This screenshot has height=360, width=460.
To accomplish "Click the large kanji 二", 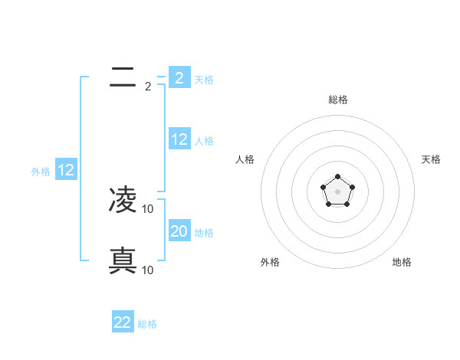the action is pyautogui.click(x=123, y=77).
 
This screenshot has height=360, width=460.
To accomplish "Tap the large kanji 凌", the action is pyautogui.click(x=123, y=200).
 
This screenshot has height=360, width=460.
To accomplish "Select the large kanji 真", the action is pyautogui.click(x=123, y=261).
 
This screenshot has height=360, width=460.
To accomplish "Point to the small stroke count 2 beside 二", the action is pyautogui.click(x=148, y=87).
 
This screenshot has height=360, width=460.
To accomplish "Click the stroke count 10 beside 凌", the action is pyautogui.click(x=149, y=208).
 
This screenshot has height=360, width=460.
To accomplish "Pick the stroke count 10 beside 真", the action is pyautogui.click(x=149, y=270).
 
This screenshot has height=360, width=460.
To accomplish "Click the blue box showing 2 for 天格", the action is pyautogui.click(x=179, y=77).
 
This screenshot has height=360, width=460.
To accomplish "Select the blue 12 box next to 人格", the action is pyautogui.click(x=179, y=139).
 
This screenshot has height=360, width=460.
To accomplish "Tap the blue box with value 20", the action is pyautogui.click(x=179, y=231).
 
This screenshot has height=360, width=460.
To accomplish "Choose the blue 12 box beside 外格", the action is pyautogui.click(x=66, y=170).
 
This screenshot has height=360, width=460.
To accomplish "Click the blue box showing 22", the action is pyautogui.click(x=123, y=322).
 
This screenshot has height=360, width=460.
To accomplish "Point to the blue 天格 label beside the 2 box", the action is pyautogui.click(x=204, y=79).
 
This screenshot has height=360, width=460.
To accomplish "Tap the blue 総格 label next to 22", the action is pyautogui.click(x=147, y=324).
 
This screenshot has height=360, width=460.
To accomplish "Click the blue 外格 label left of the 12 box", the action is pyautogui.click(x=41, y=172).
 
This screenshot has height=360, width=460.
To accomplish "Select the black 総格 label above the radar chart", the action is pyautogui.click(x=337, y=100).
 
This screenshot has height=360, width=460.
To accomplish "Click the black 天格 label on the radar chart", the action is pyautogui.click(x=432, y=159).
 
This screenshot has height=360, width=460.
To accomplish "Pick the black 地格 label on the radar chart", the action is pyautogui.click(x=402, y=262).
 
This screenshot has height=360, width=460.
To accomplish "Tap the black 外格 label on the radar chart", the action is pyautogui.click(x=270, y=262).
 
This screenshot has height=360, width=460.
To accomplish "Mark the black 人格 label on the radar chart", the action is pyautogui.click(x=245, y=159).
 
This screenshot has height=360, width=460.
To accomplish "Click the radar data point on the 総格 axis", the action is pyautogui.click(x=337, y=177).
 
